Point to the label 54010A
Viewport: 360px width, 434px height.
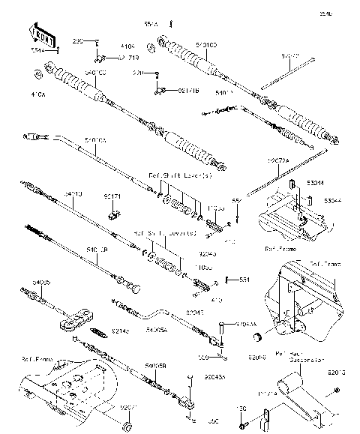(97, 140)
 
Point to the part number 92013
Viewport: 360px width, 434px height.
(337, 371)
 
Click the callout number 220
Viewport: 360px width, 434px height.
(138, 73)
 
